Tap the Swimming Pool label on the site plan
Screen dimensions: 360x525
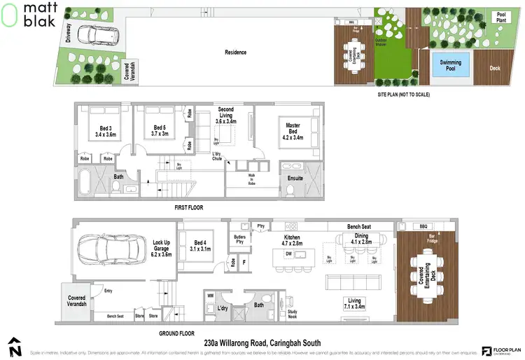tap(450, 65)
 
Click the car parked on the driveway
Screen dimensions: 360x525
tap(93, 34)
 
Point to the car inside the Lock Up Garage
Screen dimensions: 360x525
tap(105, 249)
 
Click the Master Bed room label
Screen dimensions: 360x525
tap(293, 130)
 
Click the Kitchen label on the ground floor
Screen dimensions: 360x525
tap(292, 242)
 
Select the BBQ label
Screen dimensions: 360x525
tap(422, 227)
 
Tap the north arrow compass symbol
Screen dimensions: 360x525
tap(15, 345)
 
